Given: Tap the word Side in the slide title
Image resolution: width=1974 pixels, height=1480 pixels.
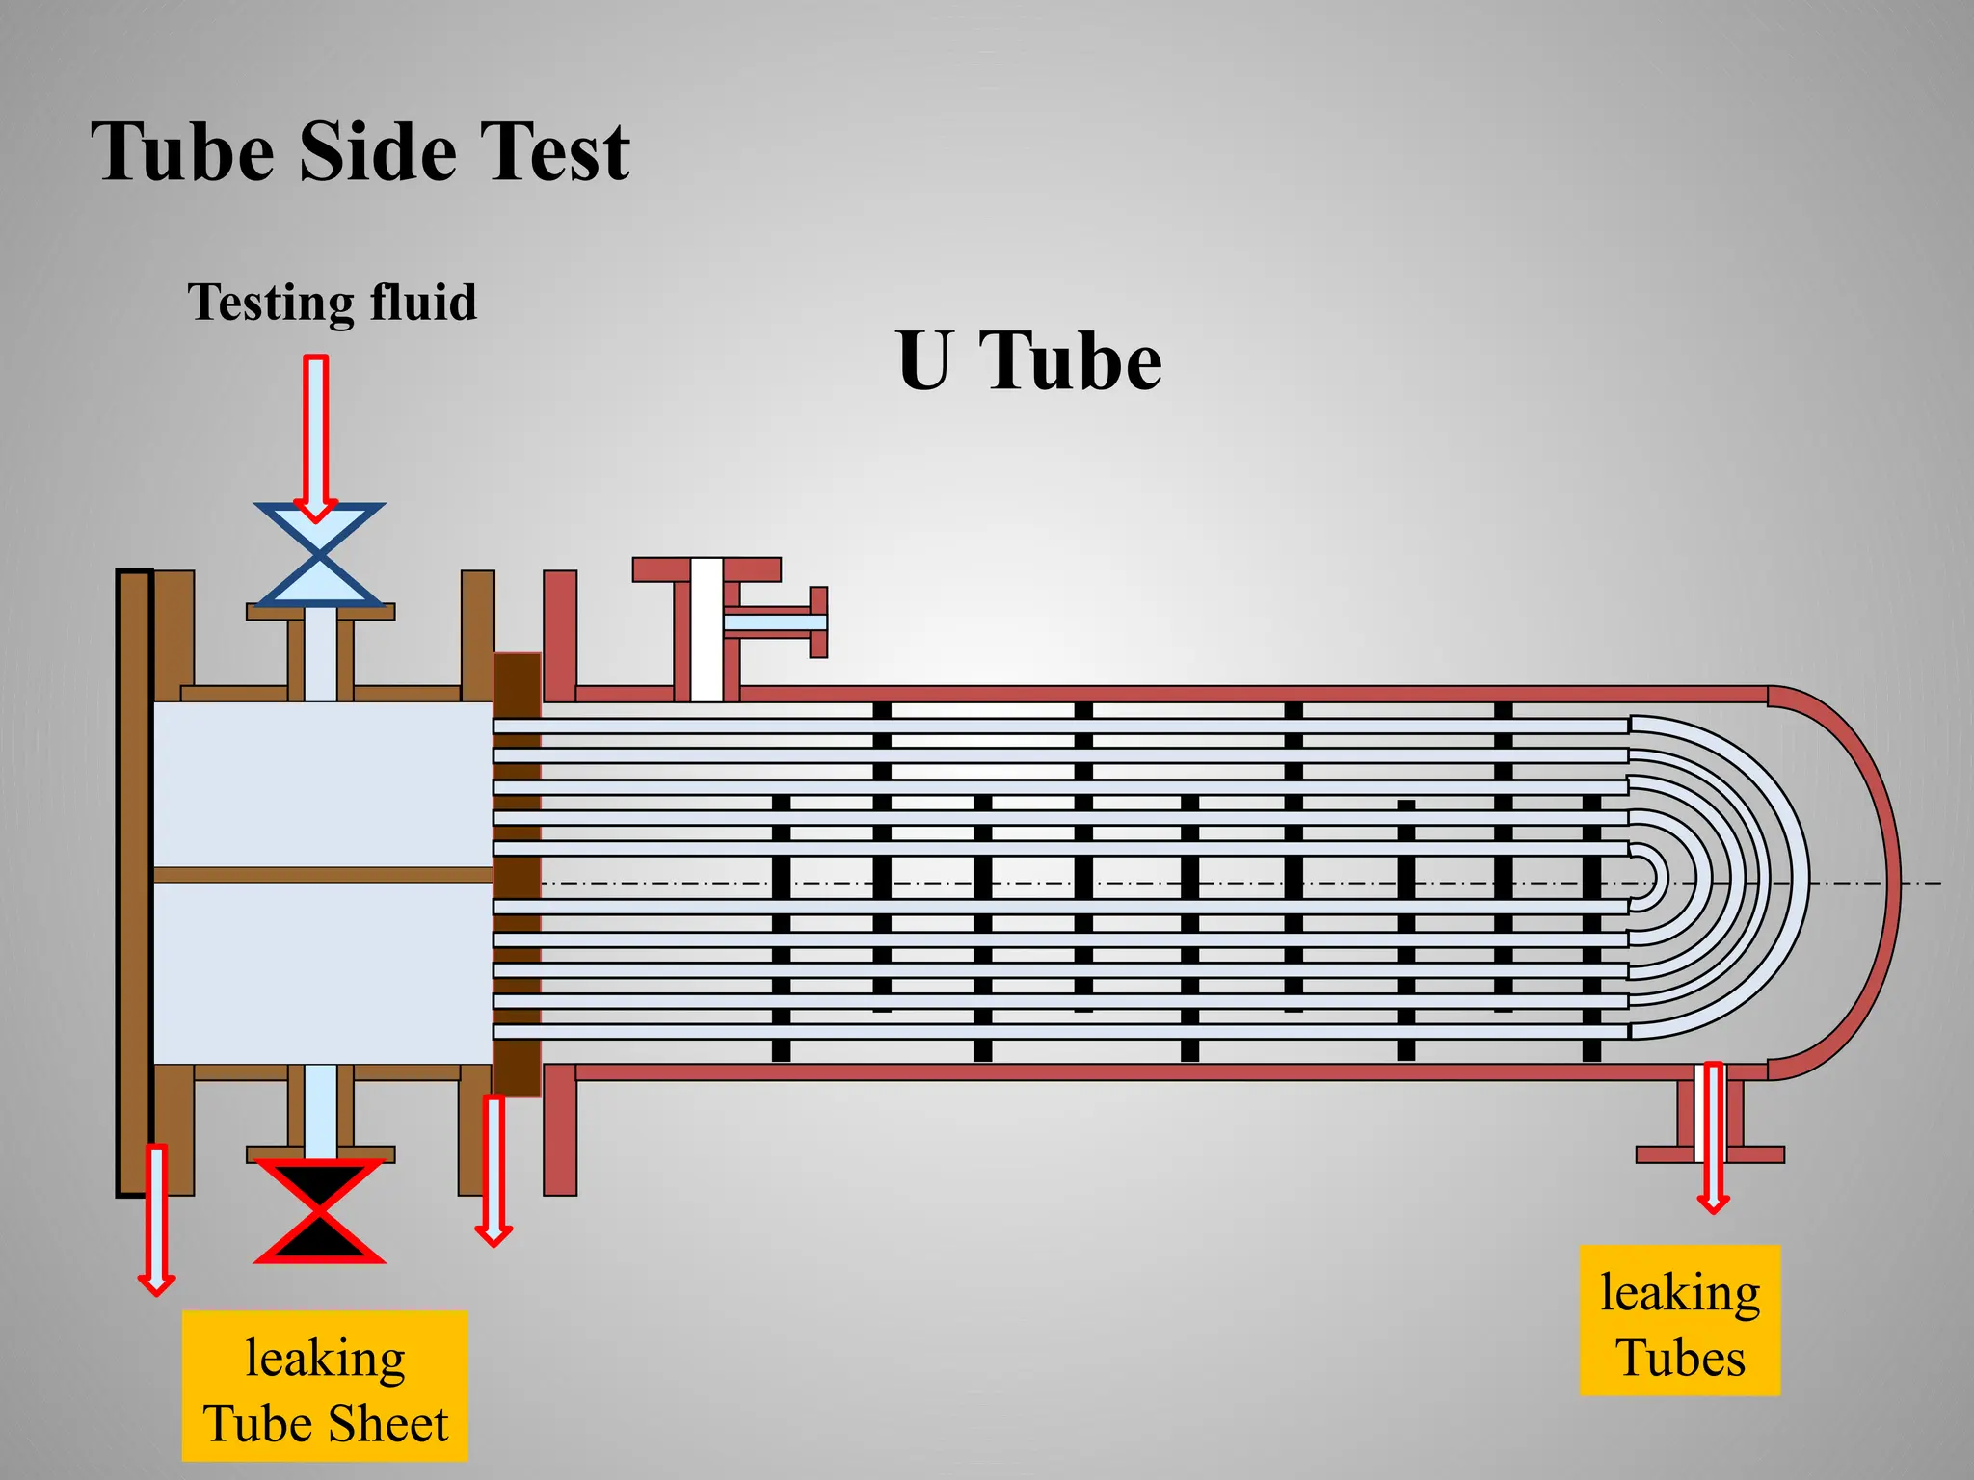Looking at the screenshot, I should click(377, 152).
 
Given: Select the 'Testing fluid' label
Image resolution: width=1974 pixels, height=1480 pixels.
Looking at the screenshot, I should click(332, 303).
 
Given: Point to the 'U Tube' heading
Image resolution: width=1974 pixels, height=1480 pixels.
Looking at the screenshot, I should click(1028, 360).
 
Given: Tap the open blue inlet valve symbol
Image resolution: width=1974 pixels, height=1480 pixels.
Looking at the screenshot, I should click(319, 554).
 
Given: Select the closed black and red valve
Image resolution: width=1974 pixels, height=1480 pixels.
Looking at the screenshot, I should click(319, 1210).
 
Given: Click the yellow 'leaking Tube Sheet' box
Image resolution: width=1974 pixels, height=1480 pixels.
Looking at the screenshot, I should click(325, 1386).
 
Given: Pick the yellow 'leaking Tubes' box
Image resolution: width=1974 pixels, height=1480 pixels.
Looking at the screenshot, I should click(1679, 1320).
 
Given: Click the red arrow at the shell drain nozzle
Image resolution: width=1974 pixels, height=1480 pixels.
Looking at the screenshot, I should click(1713, 1137).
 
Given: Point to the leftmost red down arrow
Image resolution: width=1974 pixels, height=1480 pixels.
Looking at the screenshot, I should click(156, 1219).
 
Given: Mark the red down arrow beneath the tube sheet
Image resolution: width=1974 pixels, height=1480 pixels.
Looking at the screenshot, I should click(493, 1170).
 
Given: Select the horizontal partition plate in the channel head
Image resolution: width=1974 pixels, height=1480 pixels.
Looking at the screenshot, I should click(323, 875).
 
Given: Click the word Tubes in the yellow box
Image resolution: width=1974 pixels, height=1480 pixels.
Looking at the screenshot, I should click(1681, 1358).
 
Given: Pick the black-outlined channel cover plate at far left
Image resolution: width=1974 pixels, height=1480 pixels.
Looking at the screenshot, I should click(134, 882).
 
